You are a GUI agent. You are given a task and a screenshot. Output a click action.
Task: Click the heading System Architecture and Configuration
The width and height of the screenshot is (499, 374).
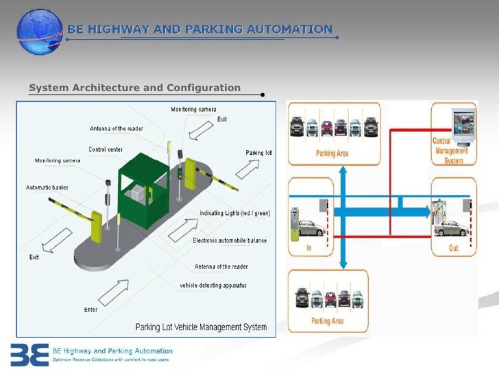pyautogui.click(x=134, y=88)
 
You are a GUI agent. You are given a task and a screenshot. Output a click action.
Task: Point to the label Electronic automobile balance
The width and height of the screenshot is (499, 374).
pyautogui.click(x=230, y=240)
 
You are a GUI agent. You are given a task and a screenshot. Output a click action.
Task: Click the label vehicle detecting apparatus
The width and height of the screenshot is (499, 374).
pyautogui.click(x=213, y=284)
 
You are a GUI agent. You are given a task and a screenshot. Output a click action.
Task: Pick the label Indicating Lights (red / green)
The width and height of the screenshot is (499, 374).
pyautogui.click(x=234, y=213)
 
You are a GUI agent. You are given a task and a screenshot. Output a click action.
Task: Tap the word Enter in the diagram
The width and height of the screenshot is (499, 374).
pyautogui.click(x=90, y=310)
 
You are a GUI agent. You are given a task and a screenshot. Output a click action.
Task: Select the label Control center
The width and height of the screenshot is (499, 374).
pyautogui.click(x=106, y=149)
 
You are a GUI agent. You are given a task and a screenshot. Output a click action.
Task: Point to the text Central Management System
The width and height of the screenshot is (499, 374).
pyautogui.click(x=450, y=151)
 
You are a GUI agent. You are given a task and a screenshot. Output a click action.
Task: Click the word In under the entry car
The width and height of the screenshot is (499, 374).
pyautogui.click(x=308, y=248)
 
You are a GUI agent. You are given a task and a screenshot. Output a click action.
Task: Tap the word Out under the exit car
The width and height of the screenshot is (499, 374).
pyautogui.click(x=453, y=248)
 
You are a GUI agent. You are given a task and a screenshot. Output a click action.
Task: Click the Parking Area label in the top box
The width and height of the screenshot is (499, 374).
pyautogui.click(x=332, y=153)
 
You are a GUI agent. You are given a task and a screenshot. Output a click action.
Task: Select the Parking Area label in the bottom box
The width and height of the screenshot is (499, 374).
pyautogui.click(x=328, y=321)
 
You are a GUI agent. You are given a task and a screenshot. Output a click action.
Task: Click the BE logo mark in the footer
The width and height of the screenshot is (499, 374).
pyautogui.click(x=28, y=354)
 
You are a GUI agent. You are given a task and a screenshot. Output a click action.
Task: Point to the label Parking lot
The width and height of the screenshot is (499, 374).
pyautogui.click(x=258, y=152)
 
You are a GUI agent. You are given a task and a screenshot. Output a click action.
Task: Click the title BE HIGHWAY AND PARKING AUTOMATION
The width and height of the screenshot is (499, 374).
pyautogui.click(x=199, y=29)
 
